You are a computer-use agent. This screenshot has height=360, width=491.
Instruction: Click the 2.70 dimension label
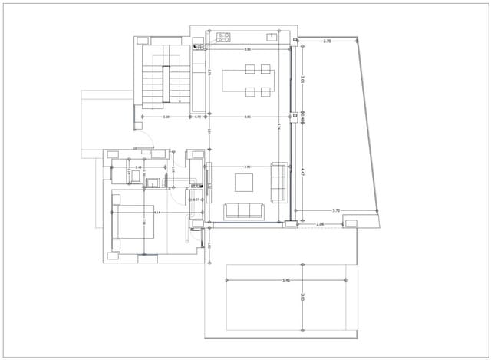328,40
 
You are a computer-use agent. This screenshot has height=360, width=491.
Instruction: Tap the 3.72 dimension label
336,210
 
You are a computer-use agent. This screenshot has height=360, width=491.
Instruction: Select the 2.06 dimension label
321,224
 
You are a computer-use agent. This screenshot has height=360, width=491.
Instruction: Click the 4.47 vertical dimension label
303,173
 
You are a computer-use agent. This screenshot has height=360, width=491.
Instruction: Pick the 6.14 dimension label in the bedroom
157,212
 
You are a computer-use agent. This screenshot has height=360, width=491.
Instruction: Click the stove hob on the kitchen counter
224,36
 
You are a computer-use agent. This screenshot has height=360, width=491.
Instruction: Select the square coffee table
244,182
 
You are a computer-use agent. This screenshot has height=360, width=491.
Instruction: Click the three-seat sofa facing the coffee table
243,210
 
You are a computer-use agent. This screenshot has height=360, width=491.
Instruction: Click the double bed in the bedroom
133,222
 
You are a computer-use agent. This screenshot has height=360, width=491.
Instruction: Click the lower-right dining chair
265,92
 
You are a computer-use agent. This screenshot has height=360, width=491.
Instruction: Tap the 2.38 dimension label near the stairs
166,117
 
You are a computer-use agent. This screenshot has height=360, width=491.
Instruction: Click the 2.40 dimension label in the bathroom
139,167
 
